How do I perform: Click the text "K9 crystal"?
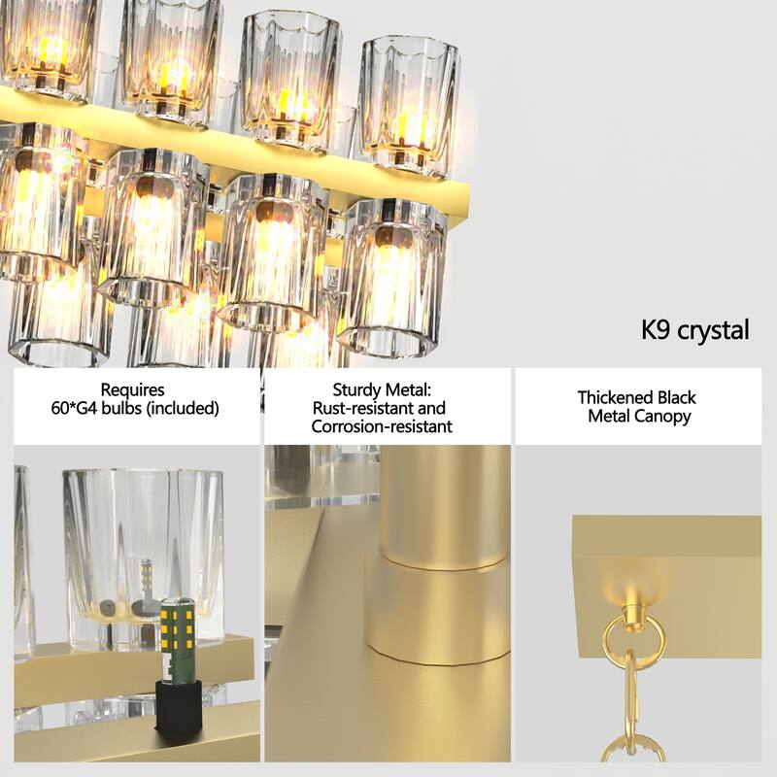tap(694, 330)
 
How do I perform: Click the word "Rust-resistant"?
tap(364, 408)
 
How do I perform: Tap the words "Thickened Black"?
tap(636, 397)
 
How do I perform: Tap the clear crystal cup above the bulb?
tap(131, 544)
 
